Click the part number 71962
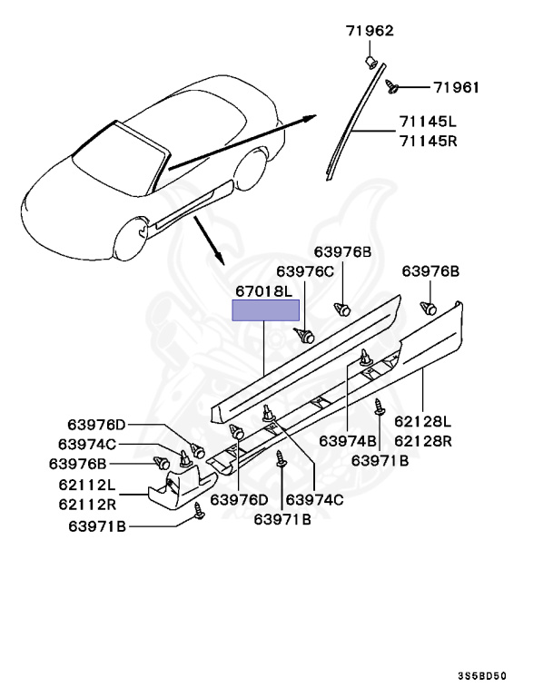(x=370, y=31)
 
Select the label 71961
(x=455, y=87)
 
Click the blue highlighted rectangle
(x=266, y=310)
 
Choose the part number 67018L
(x=264, y=291)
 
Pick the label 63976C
(x=305, y=270)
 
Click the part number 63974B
(x=348, y=441)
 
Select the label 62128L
(x=422, y=421)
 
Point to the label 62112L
(x=86, y=485)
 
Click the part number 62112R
(x=86, y=503)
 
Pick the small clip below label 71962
(x=370, y=61)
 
